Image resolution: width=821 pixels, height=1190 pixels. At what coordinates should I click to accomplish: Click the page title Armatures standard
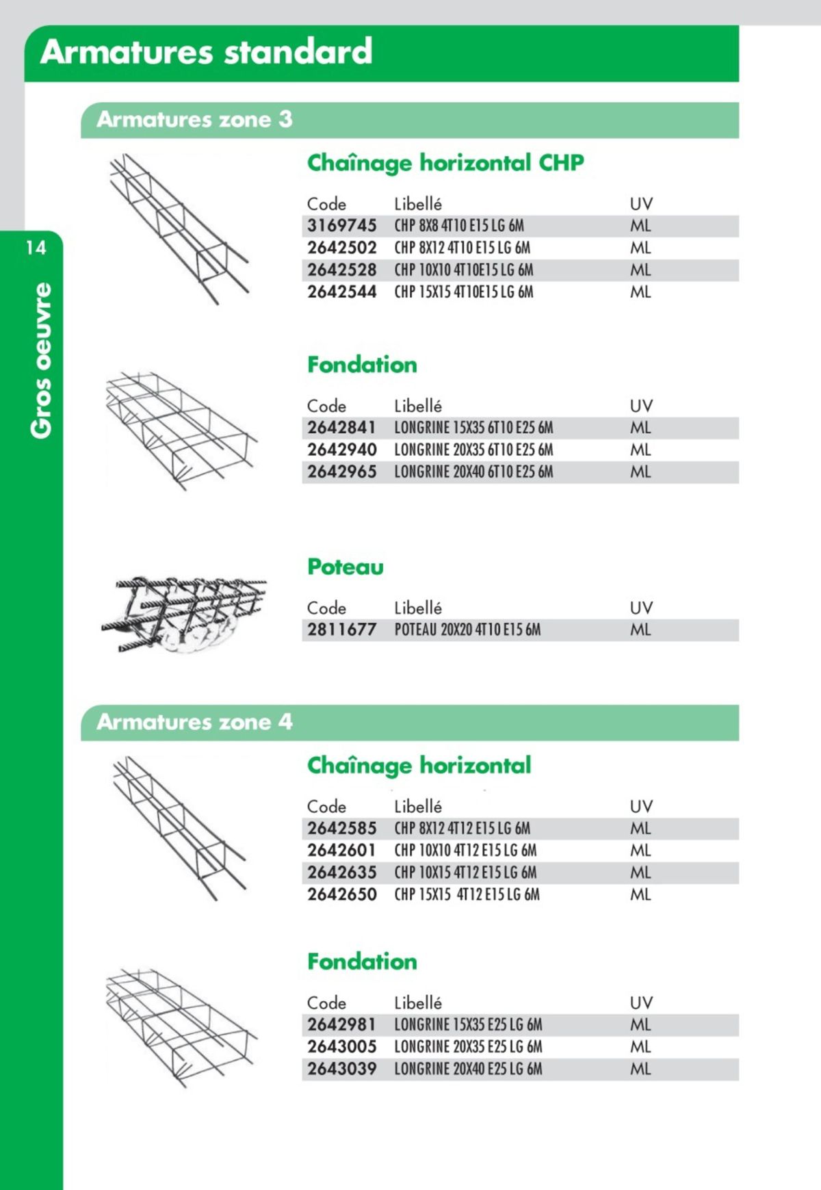(206, 52)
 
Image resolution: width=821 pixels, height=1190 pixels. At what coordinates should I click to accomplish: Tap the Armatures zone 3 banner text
(194, 120)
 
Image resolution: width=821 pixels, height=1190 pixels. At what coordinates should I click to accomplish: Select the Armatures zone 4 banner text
(194, 722)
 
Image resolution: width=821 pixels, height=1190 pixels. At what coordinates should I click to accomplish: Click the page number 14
(36, 248)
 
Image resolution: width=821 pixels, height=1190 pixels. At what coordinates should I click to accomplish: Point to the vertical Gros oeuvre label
(42, 360)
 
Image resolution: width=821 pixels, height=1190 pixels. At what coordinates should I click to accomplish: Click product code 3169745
(341, 226)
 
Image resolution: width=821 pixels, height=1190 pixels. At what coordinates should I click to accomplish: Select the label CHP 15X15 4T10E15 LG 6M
(463, 292)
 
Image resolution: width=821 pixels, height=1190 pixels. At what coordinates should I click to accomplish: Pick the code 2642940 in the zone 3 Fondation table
(341, 450)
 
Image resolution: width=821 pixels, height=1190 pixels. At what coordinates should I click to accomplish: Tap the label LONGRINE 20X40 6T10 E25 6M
(473, 472)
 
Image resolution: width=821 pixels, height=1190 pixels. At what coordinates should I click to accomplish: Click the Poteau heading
(345, 567)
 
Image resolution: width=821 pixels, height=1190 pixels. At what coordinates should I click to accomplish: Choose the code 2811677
(341, 630)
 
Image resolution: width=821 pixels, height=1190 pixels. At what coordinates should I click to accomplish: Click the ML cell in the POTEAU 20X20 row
(640, 630)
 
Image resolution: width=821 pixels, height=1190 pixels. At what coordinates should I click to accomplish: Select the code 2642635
(341, 873)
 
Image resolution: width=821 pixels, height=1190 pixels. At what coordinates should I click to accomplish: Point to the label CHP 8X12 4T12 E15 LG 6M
(462, 829)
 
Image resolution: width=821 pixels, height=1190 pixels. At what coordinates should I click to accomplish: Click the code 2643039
(341, 1070)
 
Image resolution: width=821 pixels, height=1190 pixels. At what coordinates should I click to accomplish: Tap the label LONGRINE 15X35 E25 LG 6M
(468, 1025)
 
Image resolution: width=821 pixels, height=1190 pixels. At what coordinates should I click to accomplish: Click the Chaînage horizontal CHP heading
(445, 163)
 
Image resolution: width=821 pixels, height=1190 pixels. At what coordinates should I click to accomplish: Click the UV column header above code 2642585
(641, 807)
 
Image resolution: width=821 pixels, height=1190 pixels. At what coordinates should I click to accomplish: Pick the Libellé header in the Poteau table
(417, 608)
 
